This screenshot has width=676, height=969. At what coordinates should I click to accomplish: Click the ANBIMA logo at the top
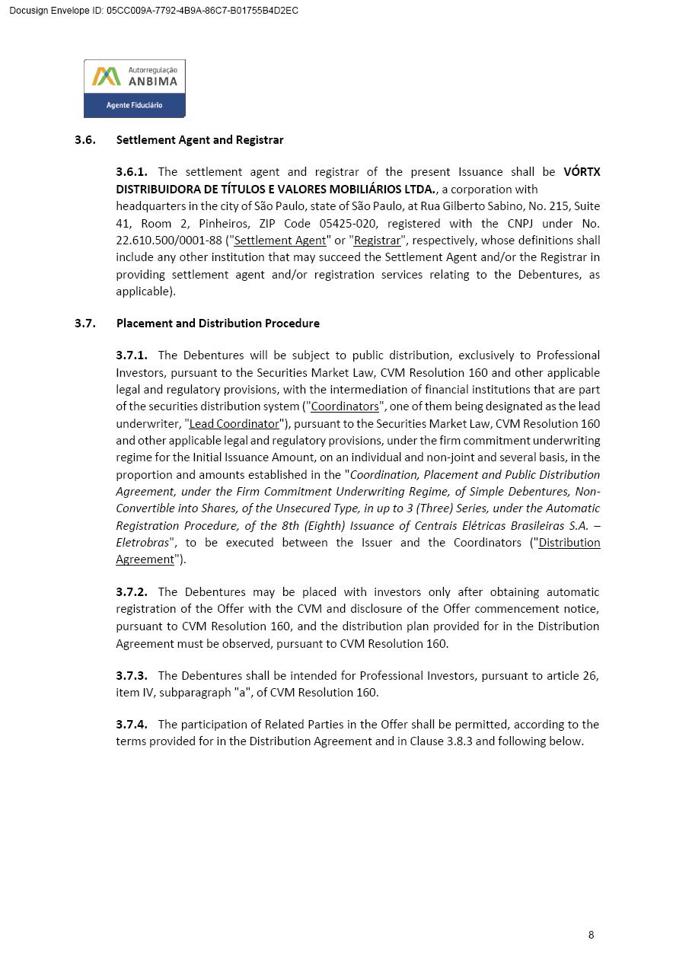point(134,88)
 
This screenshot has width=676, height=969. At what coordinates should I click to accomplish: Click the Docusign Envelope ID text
point(153,11)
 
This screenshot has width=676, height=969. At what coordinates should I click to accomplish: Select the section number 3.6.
point(84,140)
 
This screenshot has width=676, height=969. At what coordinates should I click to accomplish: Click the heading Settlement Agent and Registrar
point(199,140)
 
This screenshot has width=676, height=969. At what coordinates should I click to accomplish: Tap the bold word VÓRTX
point(582,172)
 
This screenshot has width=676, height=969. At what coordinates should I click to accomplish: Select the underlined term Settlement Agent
point(279,241)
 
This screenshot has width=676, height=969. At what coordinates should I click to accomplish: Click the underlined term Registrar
point(377,241)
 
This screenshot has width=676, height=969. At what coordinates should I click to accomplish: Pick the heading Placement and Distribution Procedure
point(218,324)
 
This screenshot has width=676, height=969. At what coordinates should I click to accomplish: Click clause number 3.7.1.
point(132,355)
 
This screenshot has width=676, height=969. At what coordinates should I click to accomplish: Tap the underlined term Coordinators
point(345,406)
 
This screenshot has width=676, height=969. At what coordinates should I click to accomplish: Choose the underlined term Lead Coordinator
point(234,424)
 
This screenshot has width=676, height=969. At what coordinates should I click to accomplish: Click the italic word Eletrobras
point(142,543)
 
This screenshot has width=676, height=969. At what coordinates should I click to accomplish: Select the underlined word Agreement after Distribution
point(145,559)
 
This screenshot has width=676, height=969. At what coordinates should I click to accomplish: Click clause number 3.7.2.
point(132,592)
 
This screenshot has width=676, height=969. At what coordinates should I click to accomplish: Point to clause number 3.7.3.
point(132,676)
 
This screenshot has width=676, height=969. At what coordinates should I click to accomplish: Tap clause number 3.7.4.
point(132,725)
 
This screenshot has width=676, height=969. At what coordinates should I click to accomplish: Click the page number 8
point(591,936)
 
